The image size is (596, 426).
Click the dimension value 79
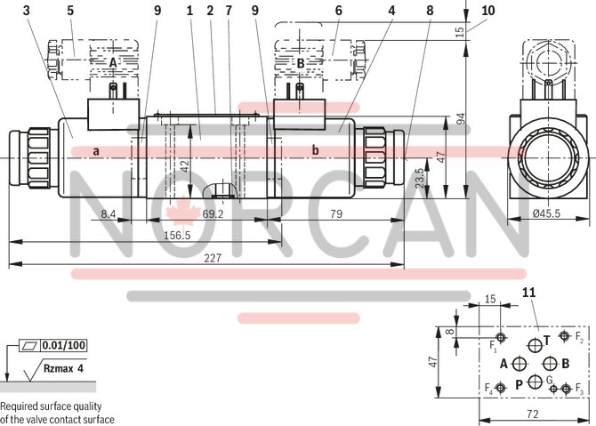[337, 214]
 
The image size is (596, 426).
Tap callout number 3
[27, 11]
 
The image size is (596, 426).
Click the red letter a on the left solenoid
[95, 151]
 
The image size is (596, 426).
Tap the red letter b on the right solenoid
[315, 150]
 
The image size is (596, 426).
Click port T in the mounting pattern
[548, 340]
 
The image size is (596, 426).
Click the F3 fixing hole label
[578, 390]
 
